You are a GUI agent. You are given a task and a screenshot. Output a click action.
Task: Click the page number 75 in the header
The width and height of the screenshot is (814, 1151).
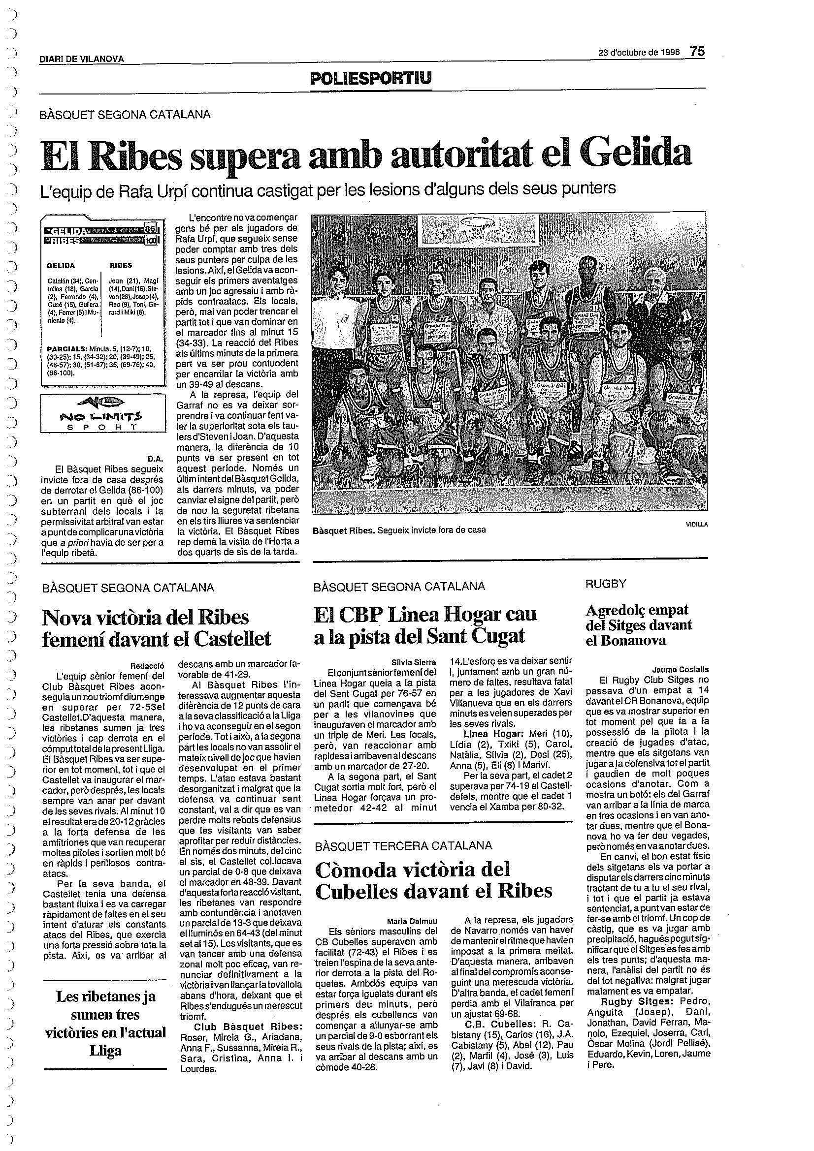coord(697,52)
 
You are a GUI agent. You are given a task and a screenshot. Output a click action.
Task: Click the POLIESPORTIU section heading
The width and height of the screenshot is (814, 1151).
coord(371,78)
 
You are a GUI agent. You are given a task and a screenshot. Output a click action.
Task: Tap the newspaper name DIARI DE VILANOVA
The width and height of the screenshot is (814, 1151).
coord(82,59)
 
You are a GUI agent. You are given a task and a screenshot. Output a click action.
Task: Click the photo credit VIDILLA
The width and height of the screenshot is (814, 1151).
coord(697,525)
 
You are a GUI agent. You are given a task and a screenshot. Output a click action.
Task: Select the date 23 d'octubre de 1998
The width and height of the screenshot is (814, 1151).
coord(639,53)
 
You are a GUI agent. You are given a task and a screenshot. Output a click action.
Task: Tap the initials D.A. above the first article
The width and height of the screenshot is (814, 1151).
coord(156,458)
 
